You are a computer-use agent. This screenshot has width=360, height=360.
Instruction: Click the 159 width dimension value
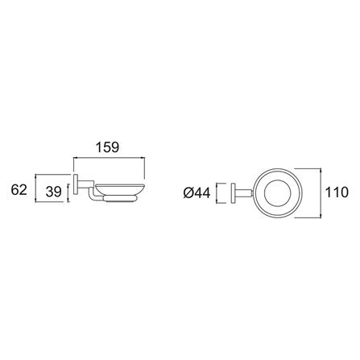coord(107,147)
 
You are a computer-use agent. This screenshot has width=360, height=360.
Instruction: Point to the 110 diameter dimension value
coord(337,192)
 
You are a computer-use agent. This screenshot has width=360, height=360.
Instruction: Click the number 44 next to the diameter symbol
coord(203,192)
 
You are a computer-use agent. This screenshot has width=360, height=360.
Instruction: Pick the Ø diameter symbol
coord(188,192)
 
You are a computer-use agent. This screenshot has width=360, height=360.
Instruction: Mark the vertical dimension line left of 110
coord(322,192)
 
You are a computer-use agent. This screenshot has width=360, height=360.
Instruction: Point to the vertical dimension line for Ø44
coord(217,192)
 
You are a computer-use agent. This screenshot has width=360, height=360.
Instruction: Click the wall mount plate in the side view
coord(76,186)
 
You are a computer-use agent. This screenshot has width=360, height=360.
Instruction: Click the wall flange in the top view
coord(234,193)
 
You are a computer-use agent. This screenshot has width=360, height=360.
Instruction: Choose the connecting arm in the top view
coord(244,193)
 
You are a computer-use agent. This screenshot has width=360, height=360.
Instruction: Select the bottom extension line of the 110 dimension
coord(310,217)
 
